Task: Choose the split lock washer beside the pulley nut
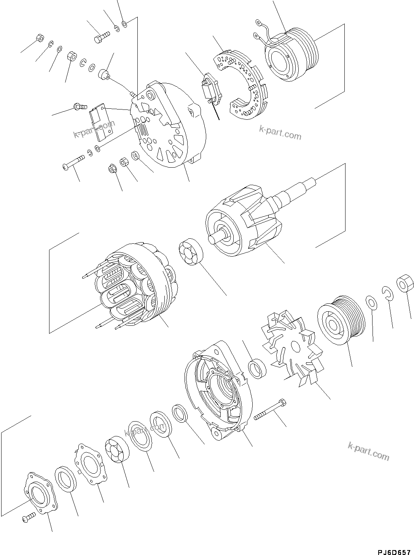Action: coord(387,292)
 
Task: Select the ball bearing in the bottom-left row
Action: coord(117,450)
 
